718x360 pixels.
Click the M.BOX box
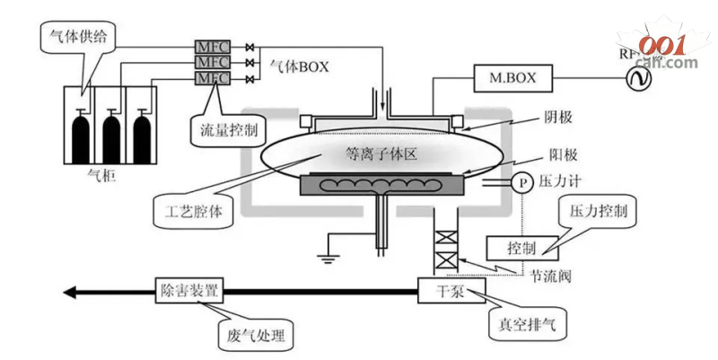[x=512, y=78]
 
